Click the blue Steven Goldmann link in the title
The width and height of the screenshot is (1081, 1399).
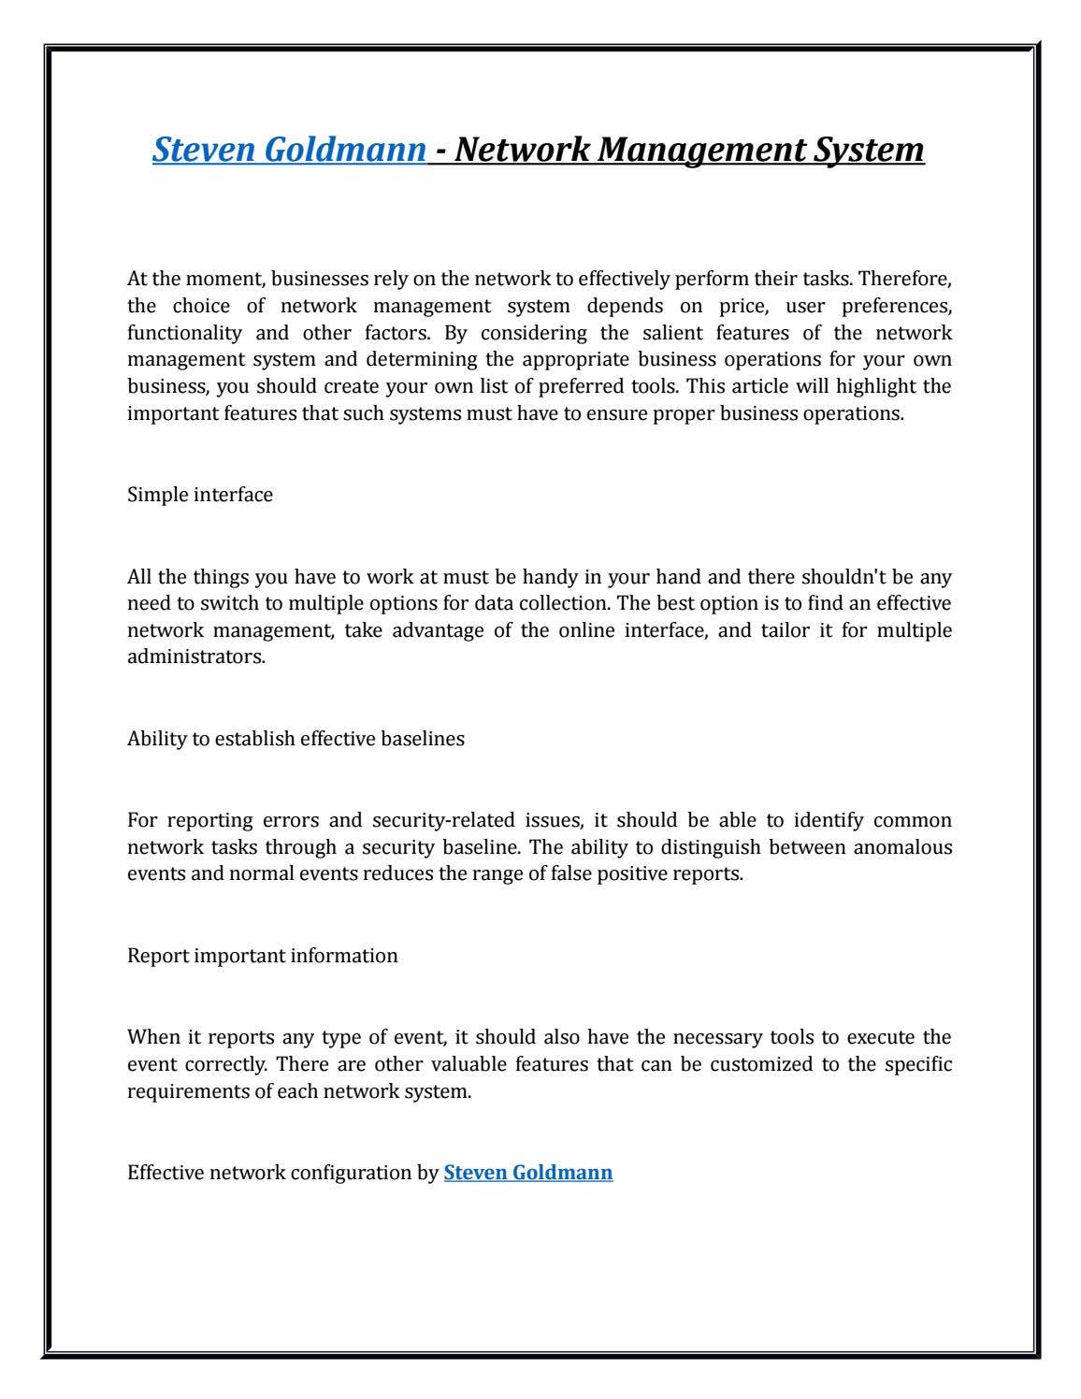point(289,149)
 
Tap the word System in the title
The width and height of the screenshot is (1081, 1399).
point(865,149)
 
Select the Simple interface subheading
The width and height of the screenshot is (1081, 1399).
point(200,495)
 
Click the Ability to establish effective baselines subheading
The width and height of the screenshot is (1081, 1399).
point(295,739)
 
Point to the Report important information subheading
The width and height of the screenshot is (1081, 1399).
point(262,956)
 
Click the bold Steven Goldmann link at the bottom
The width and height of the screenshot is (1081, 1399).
point(528,1173)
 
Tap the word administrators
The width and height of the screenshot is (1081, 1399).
point(195,656)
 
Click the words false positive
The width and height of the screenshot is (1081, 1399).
point(621,874)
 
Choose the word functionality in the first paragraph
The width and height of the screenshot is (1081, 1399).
point(183,333)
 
